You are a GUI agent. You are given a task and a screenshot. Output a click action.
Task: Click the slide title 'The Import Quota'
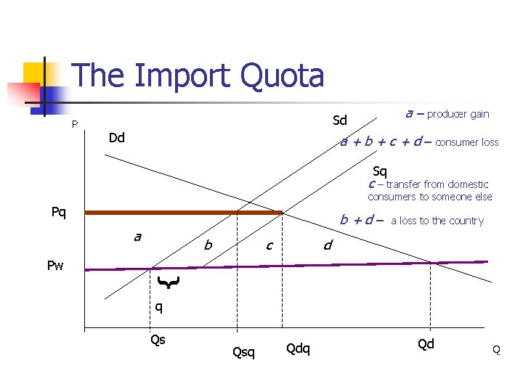[x=198, y=75]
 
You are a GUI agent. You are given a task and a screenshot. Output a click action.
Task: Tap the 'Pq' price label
[x=59, y=213]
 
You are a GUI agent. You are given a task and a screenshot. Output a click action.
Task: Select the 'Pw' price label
[x=55, y=266]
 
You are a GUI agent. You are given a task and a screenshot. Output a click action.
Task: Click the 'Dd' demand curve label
[x=116, y=138]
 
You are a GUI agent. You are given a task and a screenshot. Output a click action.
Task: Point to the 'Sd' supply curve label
[x=340, y=120]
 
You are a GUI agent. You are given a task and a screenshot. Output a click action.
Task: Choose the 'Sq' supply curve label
[x=380, y=172]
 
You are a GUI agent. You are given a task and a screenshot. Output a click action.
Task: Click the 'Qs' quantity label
[x=158, y=339]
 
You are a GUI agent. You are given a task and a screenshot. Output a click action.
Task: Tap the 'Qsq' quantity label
[x=243, y=353]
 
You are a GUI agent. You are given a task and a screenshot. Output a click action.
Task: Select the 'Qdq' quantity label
[x=298, y=348]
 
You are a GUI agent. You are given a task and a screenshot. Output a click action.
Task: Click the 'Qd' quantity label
[x=426, y=344]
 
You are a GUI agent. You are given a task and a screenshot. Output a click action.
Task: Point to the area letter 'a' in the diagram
[x=137, y=237]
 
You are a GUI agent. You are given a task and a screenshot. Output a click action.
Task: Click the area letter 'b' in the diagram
[x=208, y=246]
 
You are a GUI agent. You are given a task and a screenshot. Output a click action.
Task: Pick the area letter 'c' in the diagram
[x=269, y=246]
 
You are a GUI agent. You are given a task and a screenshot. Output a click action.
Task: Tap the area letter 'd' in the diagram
[x=328, y=246]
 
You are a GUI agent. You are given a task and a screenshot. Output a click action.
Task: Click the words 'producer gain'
[x=458, y=114]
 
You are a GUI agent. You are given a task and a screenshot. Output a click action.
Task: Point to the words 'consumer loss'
[x=466, y=142]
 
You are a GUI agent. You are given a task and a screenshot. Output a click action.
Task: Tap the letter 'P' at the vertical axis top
[x=75, y=124]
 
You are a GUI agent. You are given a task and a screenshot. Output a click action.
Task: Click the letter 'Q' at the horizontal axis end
[x=496, y=350]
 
